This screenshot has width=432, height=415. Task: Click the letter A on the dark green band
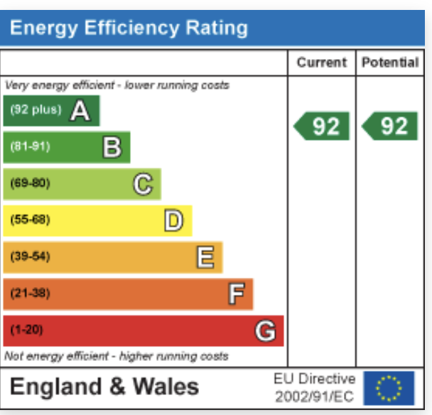[80, 110]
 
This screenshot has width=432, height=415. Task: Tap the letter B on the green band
[112, 147]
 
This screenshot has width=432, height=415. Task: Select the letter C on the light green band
[143, 184]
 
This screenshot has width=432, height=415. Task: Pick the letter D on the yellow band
[173, 220]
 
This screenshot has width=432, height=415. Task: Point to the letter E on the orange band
[205, 257]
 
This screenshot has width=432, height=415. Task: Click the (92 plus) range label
[36, 110]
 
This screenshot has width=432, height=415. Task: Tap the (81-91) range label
[31, 147]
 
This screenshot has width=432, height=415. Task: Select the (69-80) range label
[31, 184]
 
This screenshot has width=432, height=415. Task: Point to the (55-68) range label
[31, 220]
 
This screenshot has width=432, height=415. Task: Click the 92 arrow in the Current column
[322, 126]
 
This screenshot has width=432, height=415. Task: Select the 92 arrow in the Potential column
[390, 126]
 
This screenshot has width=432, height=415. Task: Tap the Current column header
[321, 63]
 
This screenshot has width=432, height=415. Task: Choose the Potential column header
[390, 63]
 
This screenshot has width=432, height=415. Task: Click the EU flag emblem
[389, 388]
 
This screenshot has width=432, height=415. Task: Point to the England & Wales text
[104, 387]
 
